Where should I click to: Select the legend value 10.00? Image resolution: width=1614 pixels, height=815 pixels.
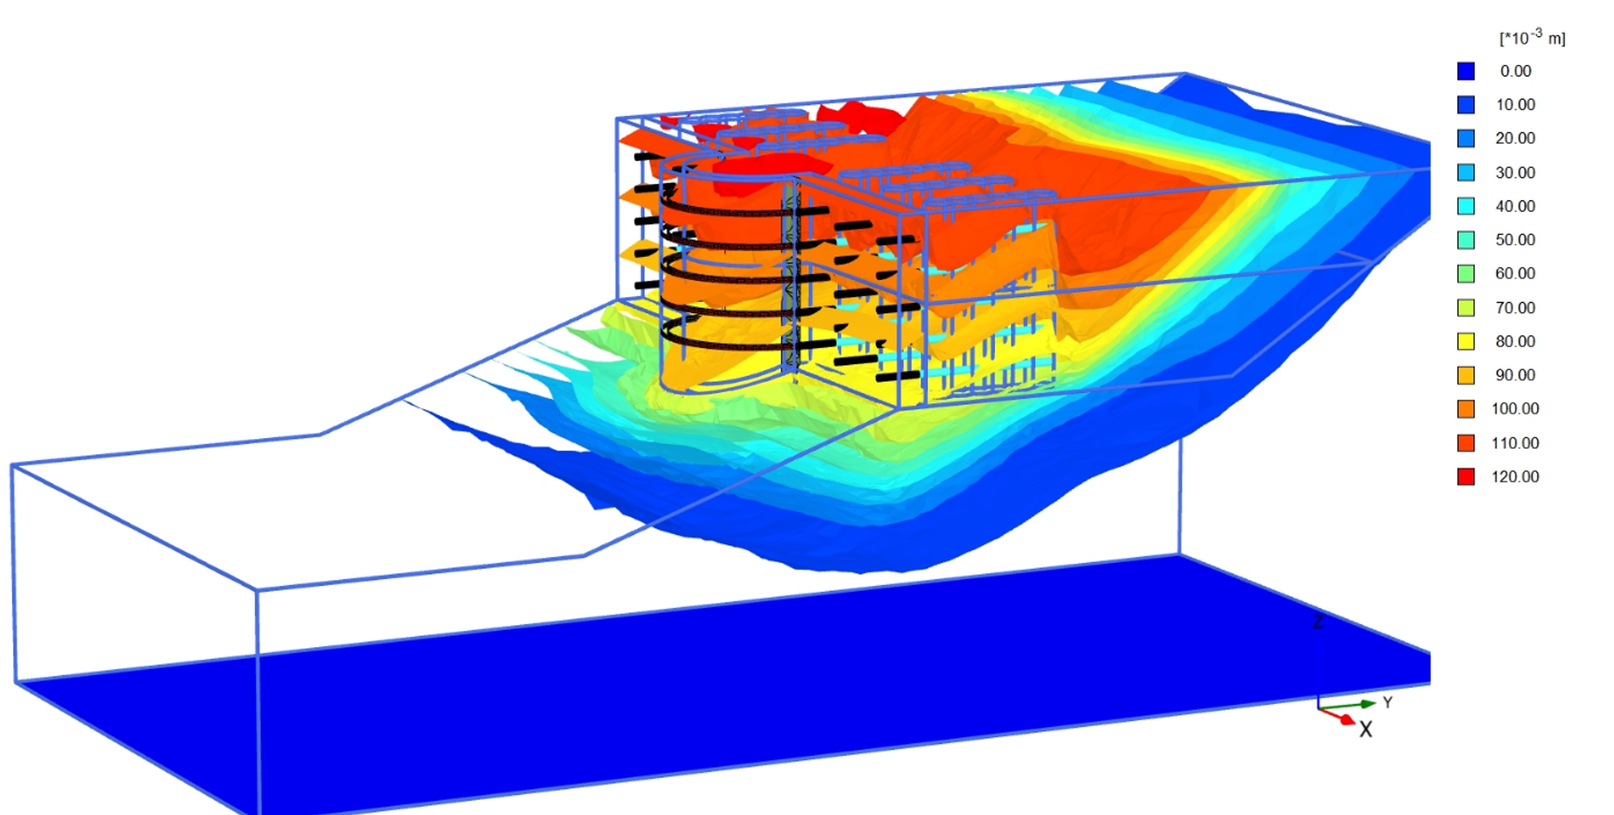tap(1515, 105)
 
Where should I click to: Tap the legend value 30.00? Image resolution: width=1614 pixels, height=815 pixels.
tap(1515, 172)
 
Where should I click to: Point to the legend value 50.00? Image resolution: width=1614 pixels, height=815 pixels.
tap(1515, 240)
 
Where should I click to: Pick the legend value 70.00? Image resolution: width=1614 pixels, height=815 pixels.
tap(1515, 308)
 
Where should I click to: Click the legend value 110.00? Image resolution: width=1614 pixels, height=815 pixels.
tap(1515, 443)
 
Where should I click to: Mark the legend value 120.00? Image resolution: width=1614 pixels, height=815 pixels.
tap(1515, 477)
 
